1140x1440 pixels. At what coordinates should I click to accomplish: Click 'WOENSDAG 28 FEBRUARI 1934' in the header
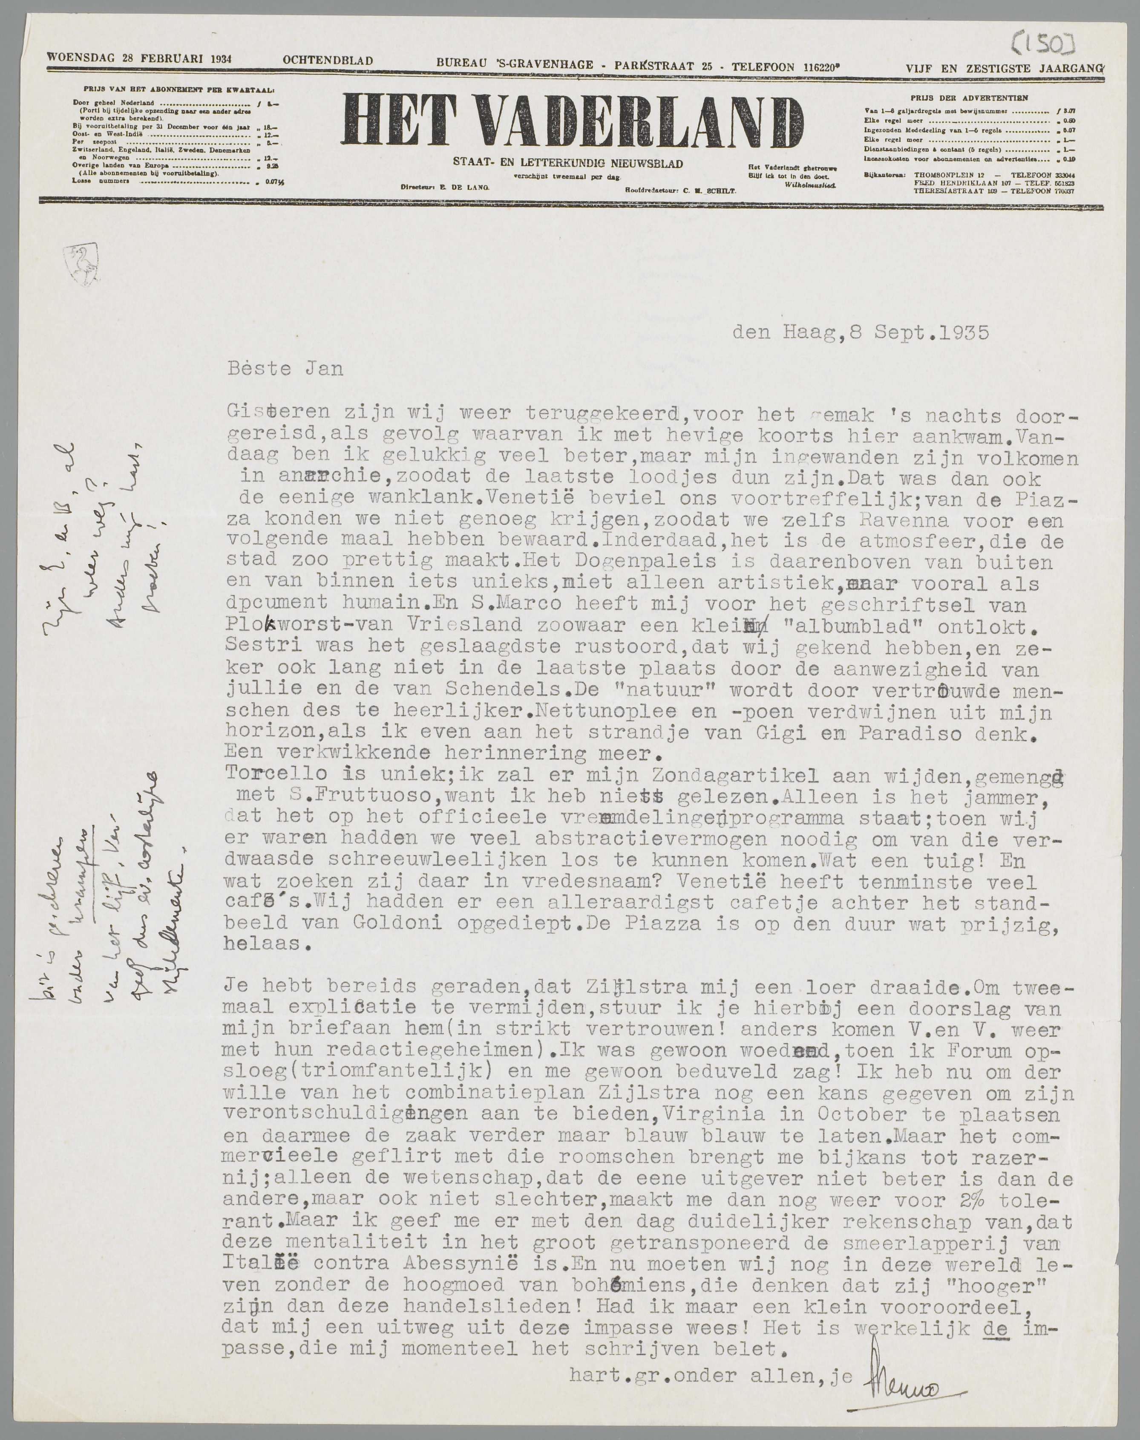(x=139, y=58)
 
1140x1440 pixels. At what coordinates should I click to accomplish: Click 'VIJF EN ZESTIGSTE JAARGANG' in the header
(x=1005, y=67)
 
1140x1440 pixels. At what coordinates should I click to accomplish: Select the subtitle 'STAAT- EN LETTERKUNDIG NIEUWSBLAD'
(x=567, y=164)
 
